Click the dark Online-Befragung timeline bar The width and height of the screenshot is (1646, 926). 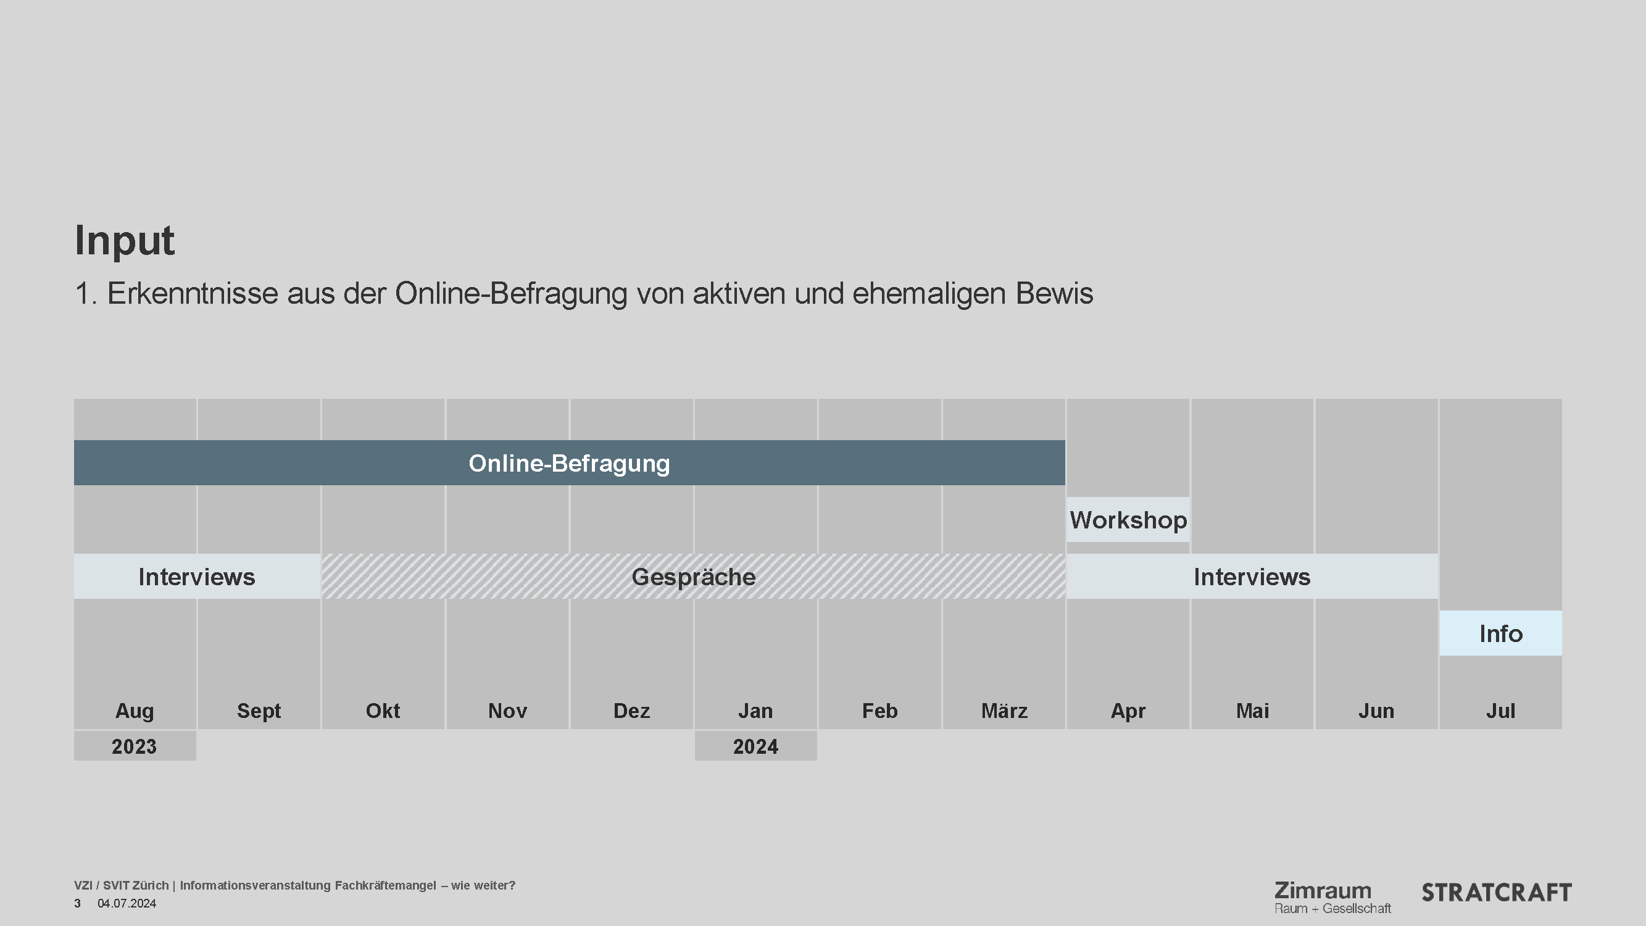[568, 462]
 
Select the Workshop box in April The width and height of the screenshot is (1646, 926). [1128, 520]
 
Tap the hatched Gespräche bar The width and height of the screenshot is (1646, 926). [693, 577]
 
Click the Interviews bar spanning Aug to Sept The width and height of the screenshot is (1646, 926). [197, 577]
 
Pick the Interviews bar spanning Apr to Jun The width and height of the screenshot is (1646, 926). [1252, 577]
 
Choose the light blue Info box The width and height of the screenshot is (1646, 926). [1500, 633]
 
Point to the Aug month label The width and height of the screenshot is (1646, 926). [134, 711]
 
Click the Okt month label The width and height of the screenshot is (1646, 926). [383, 711]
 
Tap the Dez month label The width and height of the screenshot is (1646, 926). [631, 711]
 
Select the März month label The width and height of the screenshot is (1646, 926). [1004, 711]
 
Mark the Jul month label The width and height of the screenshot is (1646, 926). [1500, 711]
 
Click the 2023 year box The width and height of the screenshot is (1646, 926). [134, 746]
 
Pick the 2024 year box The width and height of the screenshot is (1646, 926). [755, 746]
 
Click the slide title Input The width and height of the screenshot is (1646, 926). [125, 240]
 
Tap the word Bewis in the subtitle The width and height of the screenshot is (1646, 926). [1054, 294]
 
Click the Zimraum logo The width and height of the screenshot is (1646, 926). [1332, 896]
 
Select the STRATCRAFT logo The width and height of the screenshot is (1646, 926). [1496, 893]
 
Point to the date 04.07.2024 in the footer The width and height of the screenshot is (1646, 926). [127, 904]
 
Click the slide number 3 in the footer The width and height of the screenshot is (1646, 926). [77, 904]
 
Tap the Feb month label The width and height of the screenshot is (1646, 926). [879, 711]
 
